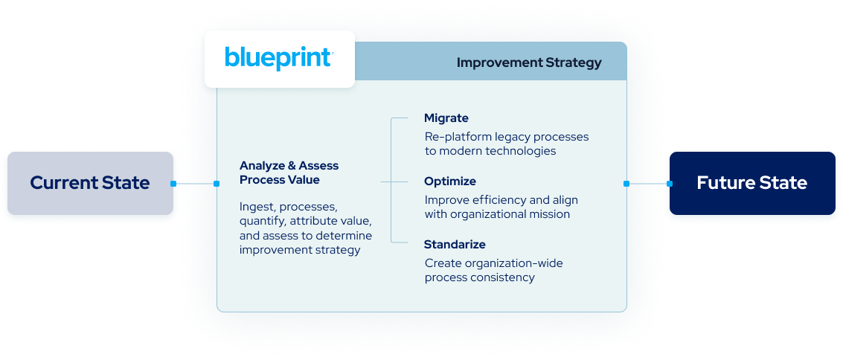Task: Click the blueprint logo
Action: click(279, 59)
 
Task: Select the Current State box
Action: click(89, 183)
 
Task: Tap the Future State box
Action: click(751, 183)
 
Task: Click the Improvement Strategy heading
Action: click(528, 62)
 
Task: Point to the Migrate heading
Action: click(446, 118)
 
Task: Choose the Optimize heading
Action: click(450, 181)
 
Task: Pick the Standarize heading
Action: click(455, 245)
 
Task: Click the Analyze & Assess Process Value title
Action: click(289, 173)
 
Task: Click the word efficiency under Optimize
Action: click(496, 200)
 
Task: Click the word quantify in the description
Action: click(263, 221)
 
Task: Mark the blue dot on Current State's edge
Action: click(173, 184)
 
